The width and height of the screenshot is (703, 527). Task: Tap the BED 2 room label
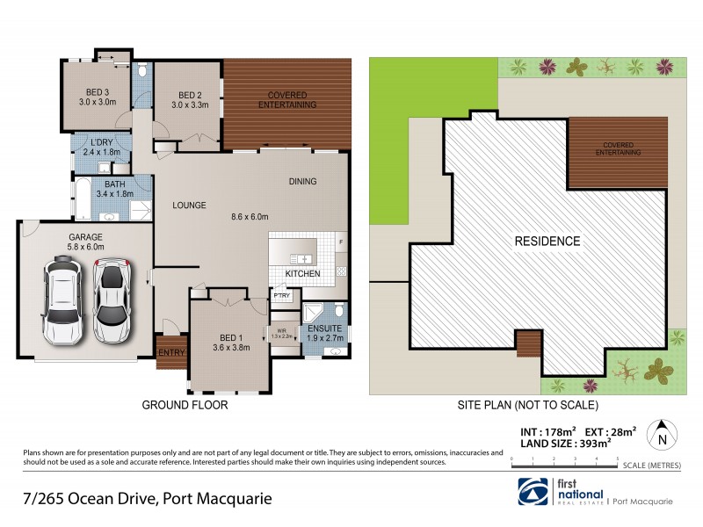tap(190, 95)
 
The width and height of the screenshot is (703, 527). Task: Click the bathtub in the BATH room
tap(83, 196)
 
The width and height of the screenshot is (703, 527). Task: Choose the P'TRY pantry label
tap(281, 296)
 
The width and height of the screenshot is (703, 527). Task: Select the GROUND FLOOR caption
tap(185, 406)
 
